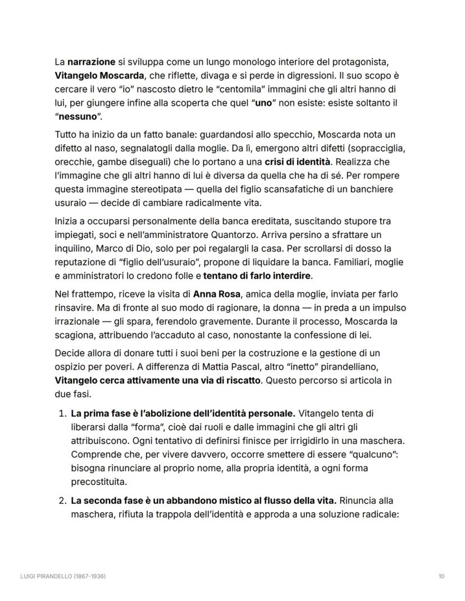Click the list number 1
[x=62, y=414]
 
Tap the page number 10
[x=441, y=576]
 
